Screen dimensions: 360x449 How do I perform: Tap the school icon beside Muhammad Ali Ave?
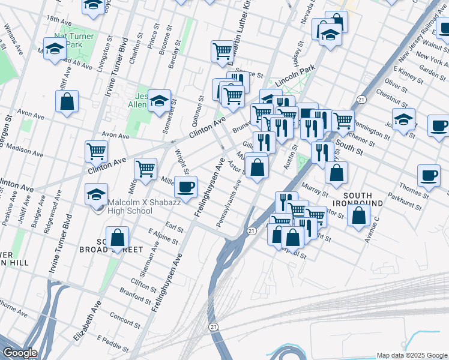[55, 50]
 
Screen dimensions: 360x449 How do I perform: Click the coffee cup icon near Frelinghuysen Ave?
[185, 187]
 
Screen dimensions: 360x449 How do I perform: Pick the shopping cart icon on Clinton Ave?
[96, 152]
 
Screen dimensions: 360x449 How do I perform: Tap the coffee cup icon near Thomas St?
[429, 175]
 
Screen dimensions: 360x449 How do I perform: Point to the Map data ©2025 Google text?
[411, 355]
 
